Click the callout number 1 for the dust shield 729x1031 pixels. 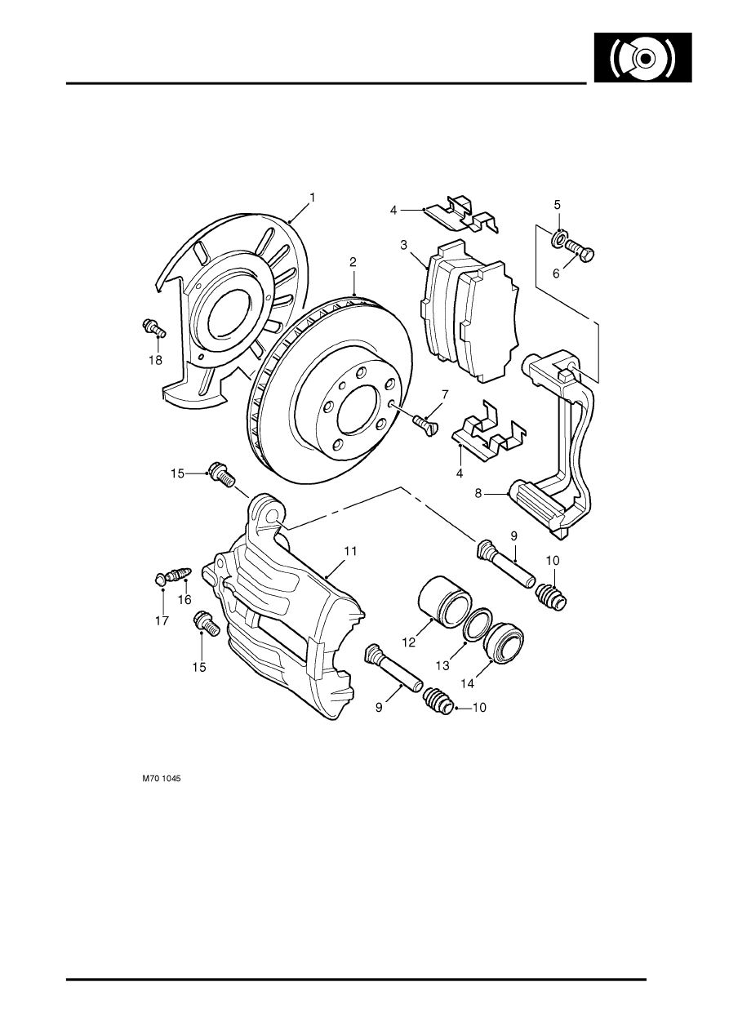tap(312, 198)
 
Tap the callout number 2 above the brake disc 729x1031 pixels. tap(353, 262)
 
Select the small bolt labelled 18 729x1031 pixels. tap(153, 328)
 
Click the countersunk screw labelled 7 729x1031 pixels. tap(425, 422)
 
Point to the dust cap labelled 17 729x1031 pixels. tap(161, 580)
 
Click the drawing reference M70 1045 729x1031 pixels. tap(162, 780)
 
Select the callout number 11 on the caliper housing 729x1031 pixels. tap(349, 552)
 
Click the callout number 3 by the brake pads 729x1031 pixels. tap(403, 244)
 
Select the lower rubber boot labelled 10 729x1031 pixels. tap(438, 702)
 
